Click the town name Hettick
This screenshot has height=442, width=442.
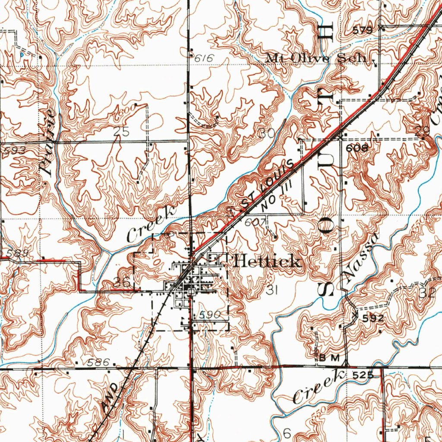click(x=267, y=262)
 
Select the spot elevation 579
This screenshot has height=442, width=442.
click(x=362, y=30)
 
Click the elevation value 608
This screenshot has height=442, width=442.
click(x=357, y=148)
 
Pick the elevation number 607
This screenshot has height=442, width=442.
click(x=253, y=223)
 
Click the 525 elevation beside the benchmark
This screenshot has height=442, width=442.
click(x=363, y=376)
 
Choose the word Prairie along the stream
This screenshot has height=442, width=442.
click(x=47, y=143)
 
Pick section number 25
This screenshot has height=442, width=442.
click(x=121, y=133)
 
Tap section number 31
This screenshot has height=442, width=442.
click(x=271, y=291)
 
